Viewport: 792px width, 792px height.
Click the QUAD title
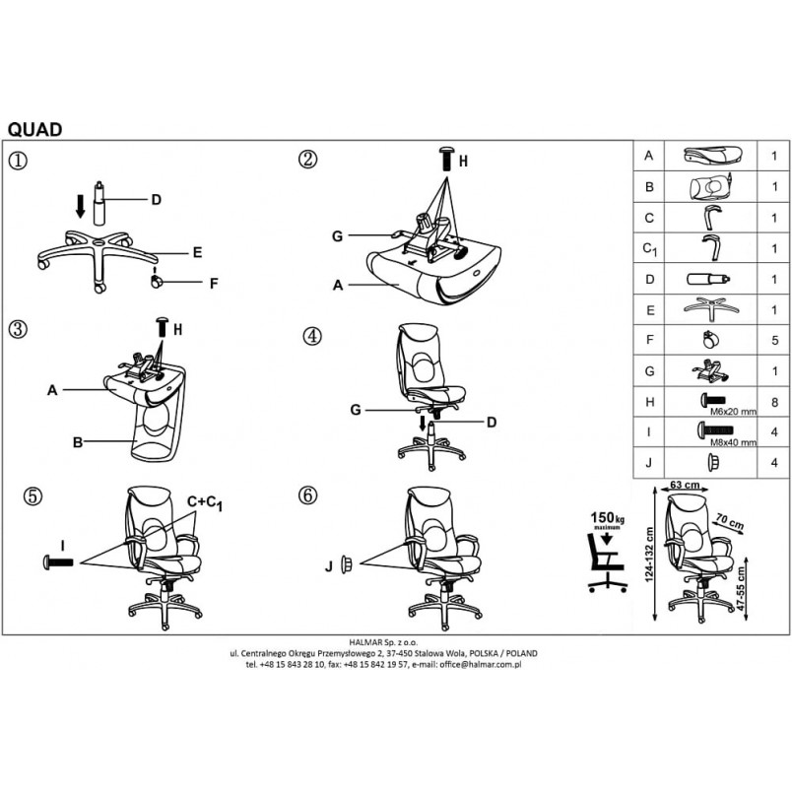pyautogui.click(x=34, y=130)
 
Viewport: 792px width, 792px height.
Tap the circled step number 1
pyautogui.click(x=18, y=161)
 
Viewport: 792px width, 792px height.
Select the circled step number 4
pyautogui.click(x=312, y=336)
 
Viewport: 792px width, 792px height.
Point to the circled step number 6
pyautogui.click(x=307, y=495)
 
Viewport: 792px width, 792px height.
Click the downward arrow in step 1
pyautogui.click(x=80, y=207)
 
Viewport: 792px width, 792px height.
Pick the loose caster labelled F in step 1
pyautogui.click(x=157, y=281)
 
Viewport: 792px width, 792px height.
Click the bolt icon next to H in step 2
pyautogui.click(x=446, y=160)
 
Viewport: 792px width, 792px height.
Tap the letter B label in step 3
pyautogui.click(x=78, y=442)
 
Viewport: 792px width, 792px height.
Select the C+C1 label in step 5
pyautogui.click(x=205, y=502)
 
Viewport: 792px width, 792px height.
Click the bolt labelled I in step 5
pyautogui.click(x=58, y=562)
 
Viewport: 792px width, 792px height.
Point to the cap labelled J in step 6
pyautogui.click(x=346, y=564)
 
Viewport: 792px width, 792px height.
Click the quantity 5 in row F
pyautogui.click(x=775, y=341)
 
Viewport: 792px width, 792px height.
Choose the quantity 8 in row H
pyautogui.click(x=775, y=402)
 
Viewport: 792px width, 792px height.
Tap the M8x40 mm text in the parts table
pyautogui.click(x=734, y=443)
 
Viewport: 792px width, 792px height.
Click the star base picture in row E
pyautogui.click(x=711, y=308)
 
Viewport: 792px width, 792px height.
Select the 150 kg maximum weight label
pyautogui.click(x=607, y=520)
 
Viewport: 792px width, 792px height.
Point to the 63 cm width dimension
pyautogui.click(x=685, y=485)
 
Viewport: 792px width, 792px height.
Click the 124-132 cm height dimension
pyautogui.click(x=649, y=555)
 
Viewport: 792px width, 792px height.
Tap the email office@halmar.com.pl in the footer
pyautogui.click(x=480, y=664)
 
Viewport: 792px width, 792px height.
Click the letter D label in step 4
pyautogui.click(x=492, y=423)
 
